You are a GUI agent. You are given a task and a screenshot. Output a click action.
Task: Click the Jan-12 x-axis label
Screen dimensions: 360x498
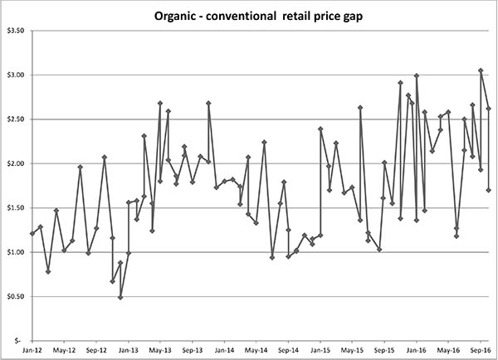[x=32, y=350]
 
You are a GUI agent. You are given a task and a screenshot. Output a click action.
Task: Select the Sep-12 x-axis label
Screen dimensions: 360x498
[x=96, y=350]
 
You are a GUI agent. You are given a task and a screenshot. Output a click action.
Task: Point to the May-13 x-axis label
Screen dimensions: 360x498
[x=160, y=350]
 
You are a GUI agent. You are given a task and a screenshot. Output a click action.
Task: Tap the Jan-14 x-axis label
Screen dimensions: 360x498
[x=224, y=350]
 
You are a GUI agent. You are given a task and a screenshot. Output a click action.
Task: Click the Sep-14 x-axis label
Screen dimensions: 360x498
[x=288, y=350]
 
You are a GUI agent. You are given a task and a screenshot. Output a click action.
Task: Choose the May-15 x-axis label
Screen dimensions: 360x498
[x=352, y=350]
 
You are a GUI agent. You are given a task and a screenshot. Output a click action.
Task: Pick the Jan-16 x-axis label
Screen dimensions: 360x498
[x=416, y=350]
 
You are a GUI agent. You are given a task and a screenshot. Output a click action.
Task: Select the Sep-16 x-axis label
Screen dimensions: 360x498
[x=480, y=350]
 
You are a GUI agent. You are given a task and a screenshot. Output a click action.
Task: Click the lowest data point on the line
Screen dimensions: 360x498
[x=120, y=297]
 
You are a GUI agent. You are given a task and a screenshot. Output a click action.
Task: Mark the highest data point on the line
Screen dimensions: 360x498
[x=481, y=71]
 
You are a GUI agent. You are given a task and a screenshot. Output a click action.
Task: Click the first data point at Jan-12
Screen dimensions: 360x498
[x=32, y=233]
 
